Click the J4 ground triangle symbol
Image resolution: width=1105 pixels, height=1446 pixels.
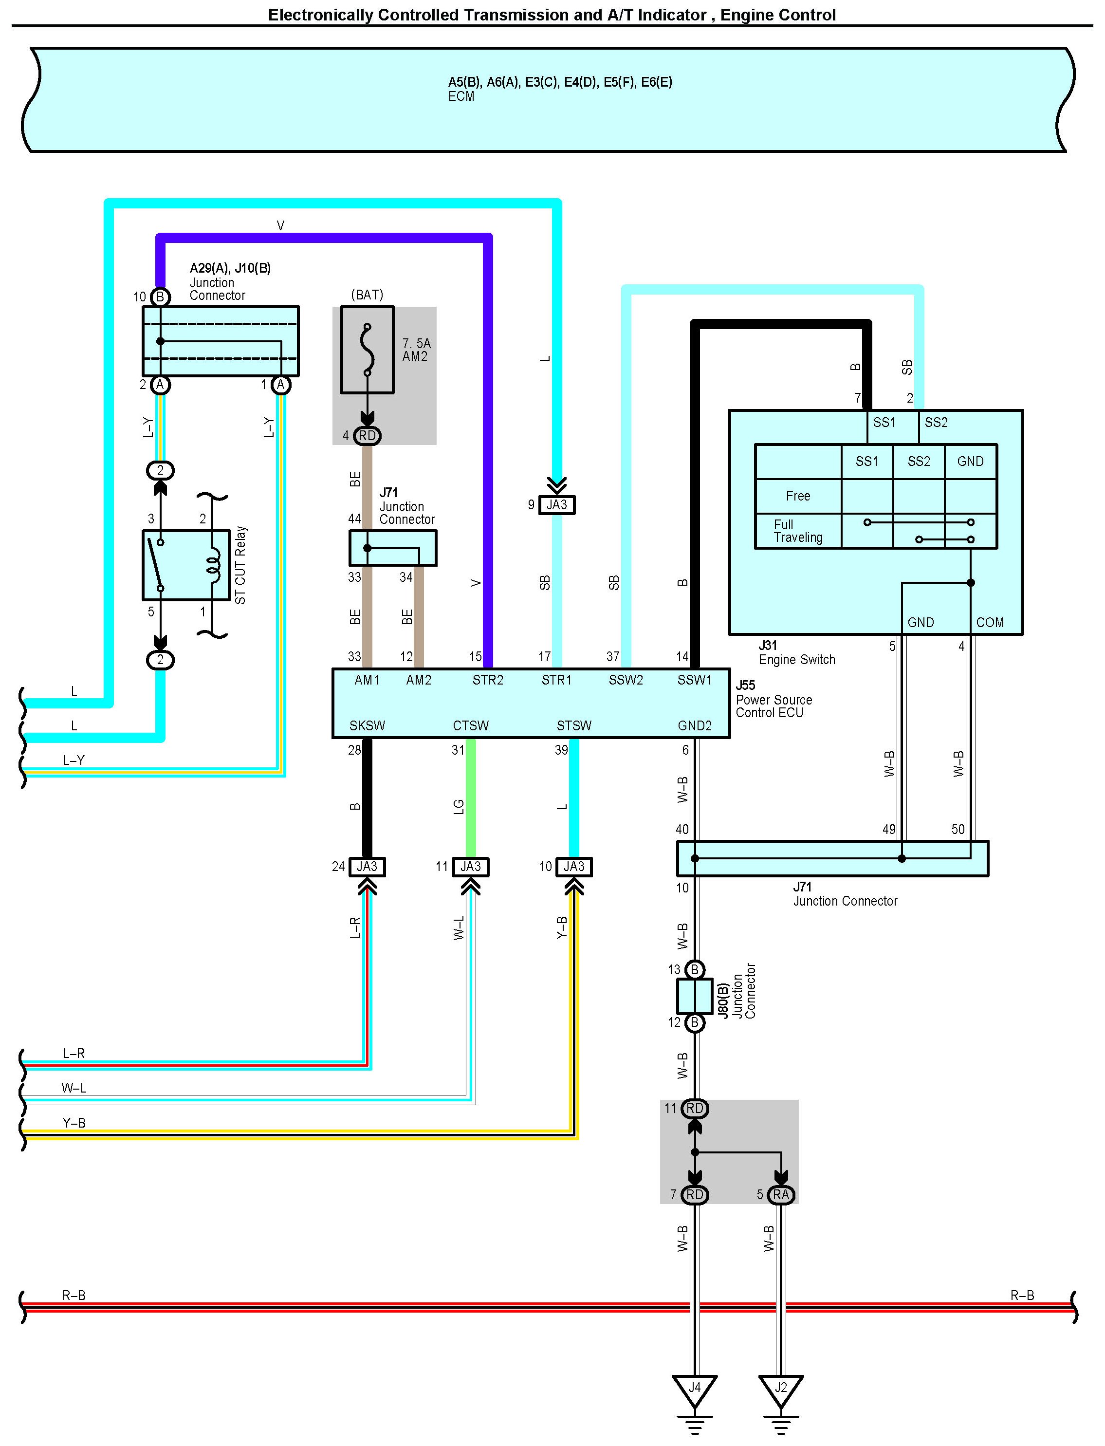(695, 1390)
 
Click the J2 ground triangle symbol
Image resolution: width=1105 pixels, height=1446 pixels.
(781, 1390)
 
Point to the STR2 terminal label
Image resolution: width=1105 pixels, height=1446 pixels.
(487, 680)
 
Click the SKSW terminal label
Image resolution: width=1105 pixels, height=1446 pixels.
(367, 725)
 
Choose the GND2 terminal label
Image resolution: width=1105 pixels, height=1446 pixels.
(695, 725)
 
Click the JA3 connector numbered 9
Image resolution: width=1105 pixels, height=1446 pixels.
(556, 504)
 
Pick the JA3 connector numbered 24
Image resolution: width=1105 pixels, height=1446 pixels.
(367, 867)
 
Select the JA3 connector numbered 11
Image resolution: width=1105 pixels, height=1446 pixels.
(470, 867)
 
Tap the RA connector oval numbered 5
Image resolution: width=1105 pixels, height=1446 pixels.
(781, 1195)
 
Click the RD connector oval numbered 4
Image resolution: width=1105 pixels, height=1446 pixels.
(367, 436)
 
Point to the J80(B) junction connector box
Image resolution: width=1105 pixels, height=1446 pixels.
(695, 996)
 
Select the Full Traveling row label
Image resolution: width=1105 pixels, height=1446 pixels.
(798, 531)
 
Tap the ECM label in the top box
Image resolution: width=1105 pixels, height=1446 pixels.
(461, 97)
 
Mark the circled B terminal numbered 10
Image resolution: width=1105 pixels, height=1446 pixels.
(160, 297)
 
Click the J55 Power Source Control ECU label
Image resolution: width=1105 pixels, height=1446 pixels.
(773, 699)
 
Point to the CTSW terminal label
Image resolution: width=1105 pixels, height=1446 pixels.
(470, 725)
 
